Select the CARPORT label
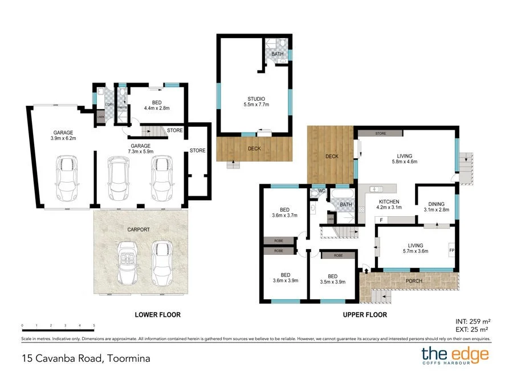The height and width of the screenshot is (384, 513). pyautogui.click(x=139, y=229)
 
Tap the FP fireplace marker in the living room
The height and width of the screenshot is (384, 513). pyautogui.click(x=451, y=250)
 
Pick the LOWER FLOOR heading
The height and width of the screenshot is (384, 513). pyautogui.click(x=157, y=315)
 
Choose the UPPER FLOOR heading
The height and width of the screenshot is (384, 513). pyautogui.click(x=364, y=315)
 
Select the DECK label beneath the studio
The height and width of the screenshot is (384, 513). pyautogui.click(x=255, y=148)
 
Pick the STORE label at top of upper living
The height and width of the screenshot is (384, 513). pyautogui.click(x=381, y=134)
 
